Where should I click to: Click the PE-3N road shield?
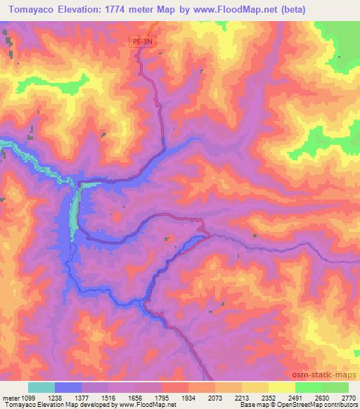click(143, 42)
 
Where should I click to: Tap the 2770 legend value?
click(349, 397)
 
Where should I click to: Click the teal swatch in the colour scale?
click(41, 387)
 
